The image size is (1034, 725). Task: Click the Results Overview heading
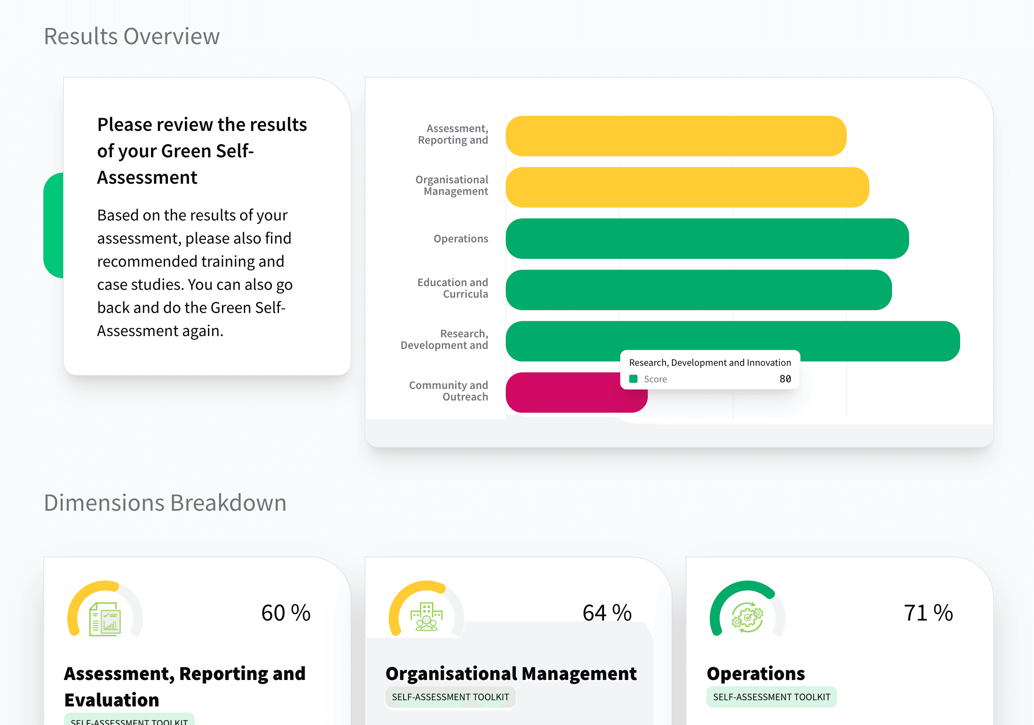coord(132,36)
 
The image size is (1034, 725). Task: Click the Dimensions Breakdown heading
coord(165,502)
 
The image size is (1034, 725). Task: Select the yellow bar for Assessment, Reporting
coord(675,136)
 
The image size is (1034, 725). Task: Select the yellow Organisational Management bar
coord(687,187)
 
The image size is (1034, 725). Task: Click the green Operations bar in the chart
coord(707,239)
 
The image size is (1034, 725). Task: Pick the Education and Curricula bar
coord(698,290)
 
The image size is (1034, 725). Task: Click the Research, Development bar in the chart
coord(856,341)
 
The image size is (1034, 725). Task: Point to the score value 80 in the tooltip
coord(785,379)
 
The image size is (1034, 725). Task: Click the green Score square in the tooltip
coord(633,379)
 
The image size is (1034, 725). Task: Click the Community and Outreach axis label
coord(448,391)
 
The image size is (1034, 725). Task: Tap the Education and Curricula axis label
coord(452,288)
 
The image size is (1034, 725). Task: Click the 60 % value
coord(286,613)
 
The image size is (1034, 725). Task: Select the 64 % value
coord(607,613)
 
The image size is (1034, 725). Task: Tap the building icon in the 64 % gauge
coord(426,617)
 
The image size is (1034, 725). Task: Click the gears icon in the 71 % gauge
coord(747,617)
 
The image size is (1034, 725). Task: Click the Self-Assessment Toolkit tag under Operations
coord(771,697)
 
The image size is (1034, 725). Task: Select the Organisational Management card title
coord(511,674)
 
